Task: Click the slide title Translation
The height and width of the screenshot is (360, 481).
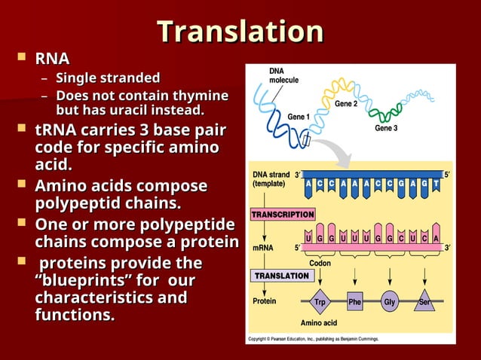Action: pos(240,32)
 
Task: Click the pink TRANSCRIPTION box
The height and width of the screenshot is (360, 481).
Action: pos(283,214)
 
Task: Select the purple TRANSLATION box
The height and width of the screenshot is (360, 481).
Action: pos(281,276)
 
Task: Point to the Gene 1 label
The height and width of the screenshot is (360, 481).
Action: pos(299,117)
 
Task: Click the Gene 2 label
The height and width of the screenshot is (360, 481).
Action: pos(346,103)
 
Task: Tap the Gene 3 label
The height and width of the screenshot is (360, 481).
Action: pos(386,128)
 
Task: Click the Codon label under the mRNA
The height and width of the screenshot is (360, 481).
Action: pos(320,263)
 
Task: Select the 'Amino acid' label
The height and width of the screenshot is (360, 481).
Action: pos(318,322)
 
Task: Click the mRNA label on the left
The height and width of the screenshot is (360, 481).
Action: pos(262,246)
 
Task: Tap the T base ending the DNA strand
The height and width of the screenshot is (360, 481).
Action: pos(435,183)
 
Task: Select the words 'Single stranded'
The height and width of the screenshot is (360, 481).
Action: pos(108,78)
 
